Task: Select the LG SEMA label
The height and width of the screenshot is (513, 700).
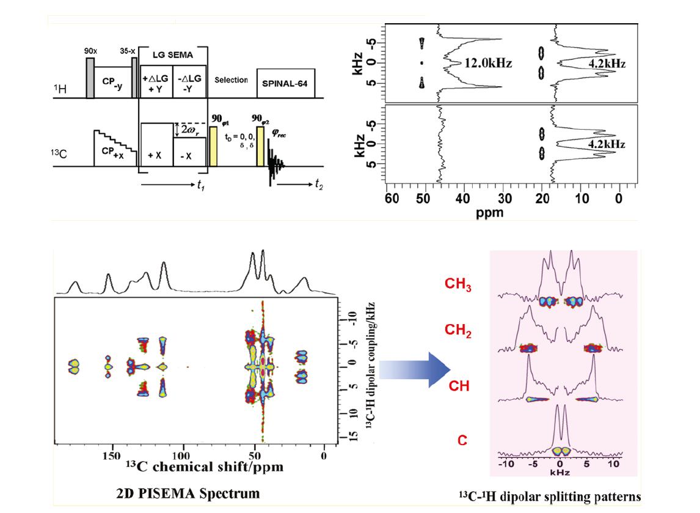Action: click(x=173, y=55)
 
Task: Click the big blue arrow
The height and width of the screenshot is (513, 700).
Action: click(x=415, y=369)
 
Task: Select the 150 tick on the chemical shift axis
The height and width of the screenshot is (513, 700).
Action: click(x=111, y=456)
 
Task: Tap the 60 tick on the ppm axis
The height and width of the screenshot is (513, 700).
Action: click(x=392, y=198)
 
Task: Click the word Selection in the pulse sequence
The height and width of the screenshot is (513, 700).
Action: click(x=231, y=80)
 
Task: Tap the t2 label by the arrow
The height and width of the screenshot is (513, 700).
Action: click(x=318, y=185)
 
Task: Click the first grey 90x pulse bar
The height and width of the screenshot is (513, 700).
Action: click(x=90, y=77)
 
